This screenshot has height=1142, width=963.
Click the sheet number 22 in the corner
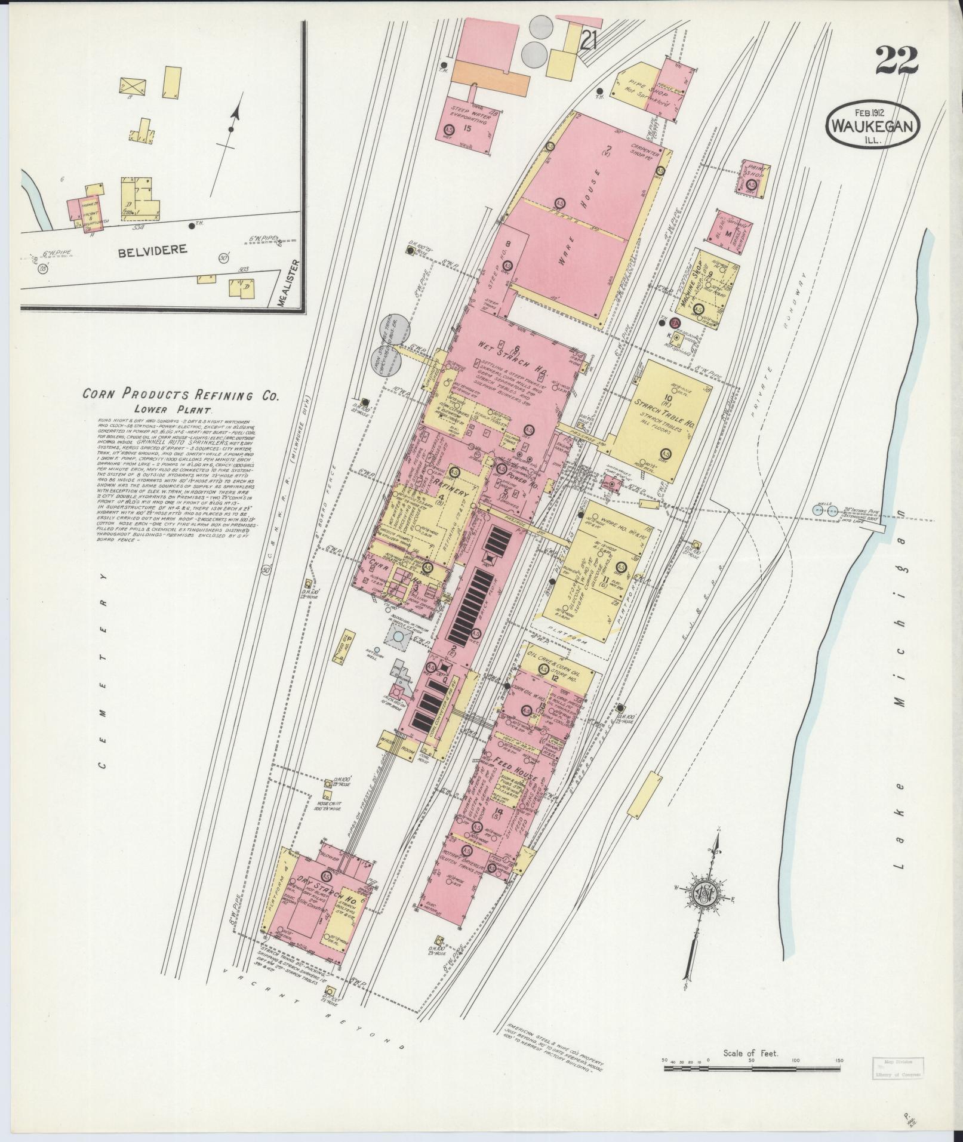point(897,61)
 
